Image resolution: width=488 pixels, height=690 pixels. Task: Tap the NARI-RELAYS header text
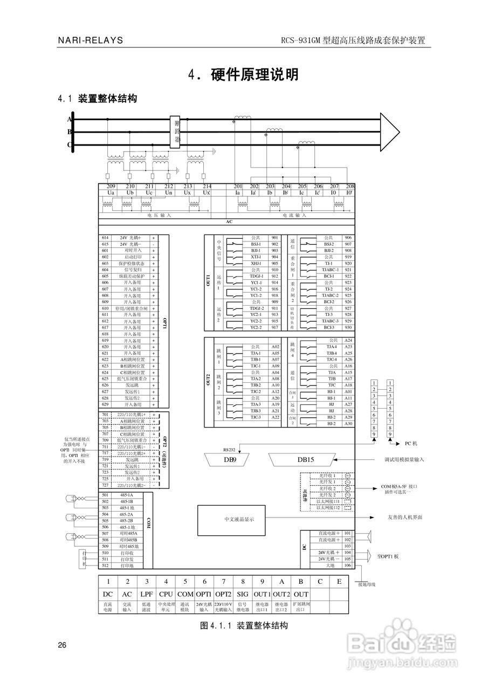[91, 40]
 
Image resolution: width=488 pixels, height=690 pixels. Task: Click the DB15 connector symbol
[302, 459]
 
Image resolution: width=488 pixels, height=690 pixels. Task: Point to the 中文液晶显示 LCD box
[239, 519]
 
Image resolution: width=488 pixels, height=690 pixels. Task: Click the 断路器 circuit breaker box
[176, 132]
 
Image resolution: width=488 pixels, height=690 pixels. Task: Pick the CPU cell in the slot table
[166, 594]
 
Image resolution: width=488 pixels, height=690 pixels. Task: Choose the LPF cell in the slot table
[147, 594]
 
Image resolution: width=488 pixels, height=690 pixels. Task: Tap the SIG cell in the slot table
[243, 594]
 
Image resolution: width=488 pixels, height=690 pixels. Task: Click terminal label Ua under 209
[111, 192]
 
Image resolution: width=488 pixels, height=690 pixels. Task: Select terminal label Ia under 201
[237, 192]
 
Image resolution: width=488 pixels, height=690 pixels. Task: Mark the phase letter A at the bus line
[69, 119]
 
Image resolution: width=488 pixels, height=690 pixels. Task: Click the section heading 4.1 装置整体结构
[97, 99]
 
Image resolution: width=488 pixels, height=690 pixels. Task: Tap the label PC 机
[411, 444]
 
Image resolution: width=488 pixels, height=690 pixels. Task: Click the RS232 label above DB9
[230, 448]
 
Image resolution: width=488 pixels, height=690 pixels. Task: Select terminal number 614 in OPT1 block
[105, 238]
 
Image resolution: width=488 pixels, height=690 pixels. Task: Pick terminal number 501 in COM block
[105, 495]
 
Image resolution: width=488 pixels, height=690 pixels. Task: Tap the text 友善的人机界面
[405, 517]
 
